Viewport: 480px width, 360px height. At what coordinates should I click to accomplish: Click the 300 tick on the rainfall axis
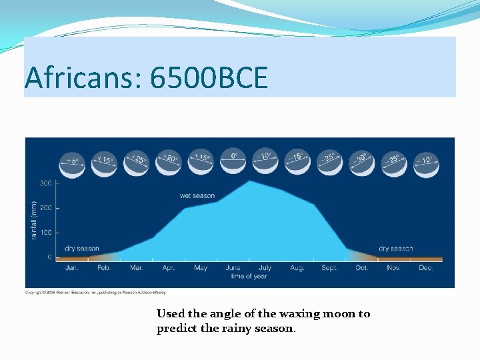tap(46, 183)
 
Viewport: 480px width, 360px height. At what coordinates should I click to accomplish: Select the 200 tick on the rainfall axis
tap(46, 208)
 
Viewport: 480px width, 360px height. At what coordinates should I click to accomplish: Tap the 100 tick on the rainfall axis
tap(46, 233)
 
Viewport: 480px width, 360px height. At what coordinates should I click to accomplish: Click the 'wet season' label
tap(197, 195)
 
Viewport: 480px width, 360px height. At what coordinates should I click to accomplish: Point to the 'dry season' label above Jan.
tap(82, 249)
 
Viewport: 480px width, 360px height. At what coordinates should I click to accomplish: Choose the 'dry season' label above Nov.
tap(396, 249)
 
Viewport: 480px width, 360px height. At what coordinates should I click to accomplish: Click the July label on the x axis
tap(265, 268)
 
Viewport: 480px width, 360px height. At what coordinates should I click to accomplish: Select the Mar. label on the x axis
tap(136, 268)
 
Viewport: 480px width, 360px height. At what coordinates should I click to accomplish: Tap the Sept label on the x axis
tap(329, 268)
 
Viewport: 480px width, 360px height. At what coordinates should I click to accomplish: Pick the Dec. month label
tap(425, 268)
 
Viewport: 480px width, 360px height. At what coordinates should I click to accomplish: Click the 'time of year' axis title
tap(249, 276)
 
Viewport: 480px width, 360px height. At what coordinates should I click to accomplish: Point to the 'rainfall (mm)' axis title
tap(33, 220)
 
